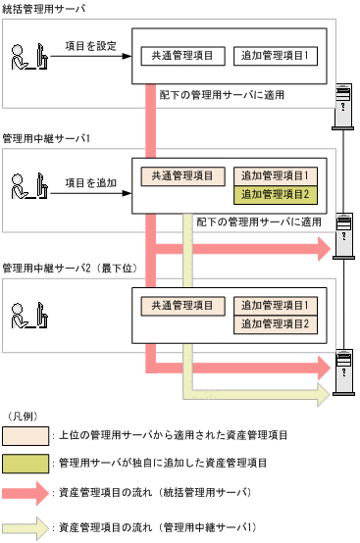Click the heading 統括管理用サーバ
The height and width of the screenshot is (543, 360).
(44, 9)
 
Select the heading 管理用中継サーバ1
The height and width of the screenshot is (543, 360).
(47, 139)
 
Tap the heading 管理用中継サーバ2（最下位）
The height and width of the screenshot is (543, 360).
(72, 268)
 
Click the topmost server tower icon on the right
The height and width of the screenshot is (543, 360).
(344, 102)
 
